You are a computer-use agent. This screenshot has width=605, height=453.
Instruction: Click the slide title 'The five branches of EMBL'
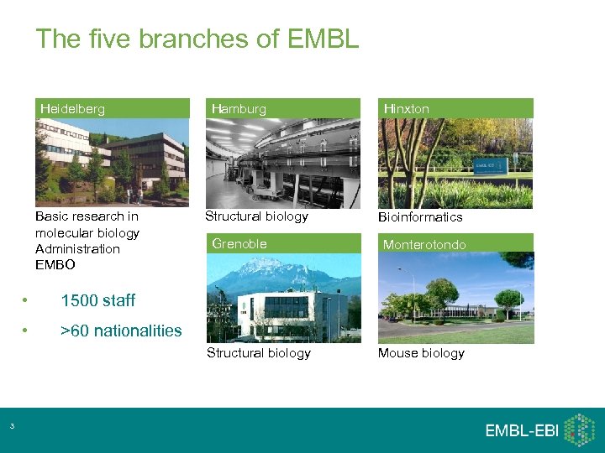point(197,39)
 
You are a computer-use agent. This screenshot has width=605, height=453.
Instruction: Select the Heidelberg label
point(73,108)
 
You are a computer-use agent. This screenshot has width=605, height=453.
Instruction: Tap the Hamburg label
point(239,108)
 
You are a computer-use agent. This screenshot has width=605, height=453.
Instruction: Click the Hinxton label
point(406,108)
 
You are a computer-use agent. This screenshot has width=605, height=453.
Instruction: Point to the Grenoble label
point(239,243)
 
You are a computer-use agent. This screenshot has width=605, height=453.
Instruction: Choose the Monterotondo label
point(424,244)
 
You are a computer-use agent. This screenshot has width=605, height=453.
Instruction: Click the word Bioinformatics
point(420,216)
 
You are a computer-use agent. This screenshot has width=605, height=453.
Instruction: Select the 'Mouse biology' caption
point(421,352)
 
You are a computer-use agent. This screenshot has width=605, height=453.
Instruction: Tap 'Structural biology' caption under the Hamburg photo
point(257,216)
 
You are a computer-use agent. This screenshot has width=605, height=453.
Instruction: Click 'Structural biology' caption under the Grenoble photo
point(259,352)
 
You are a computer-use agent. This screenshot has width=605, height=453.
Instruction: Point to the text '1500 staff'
point(97,300)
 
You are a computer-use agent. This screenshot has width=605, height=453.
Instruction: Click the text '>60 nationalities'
point(121,331)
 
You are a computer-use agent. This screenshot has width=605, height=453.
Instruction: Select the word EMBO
point(55,265)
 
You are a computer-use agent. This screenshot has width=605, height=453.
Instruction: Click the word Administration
point(77,249)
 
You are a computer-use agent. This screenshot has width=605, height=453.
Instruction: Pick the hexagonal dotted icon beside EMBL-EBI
point(579,429)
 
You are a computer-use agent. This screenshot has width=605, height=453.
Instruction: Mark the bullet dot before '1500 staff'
point(27,300)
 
